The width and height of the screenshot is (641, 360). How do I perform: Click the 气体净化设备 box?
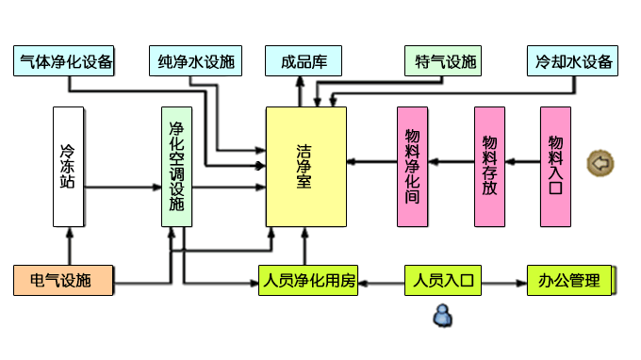64,62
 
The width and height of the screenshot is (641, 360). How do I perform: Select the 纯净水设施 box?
195,62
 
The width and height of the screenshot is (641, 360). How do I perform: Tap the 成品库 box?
303,62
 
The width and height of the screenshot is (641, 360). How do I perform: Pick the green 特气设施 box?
441,62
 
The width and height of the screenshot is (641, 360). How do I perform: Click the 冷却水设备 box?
573,62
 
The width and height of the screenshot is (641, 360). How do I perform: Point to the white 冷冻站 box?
68,167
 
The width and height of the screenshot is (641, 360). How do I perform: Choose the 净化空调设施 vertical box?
176,167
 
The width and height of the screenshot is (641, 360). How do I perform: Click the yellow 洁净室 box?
305,167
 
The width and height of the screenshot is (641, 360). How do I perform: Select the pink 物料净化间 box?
412,167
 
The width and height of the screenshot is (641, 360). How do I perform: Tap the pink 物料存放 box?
490,167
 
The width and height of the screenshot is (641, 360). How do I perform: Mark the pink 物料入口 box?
555,167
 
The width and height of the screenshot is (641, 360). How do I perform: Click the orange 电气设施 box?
63,280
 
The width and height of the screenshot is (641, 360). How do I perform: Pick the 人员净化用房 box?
308,280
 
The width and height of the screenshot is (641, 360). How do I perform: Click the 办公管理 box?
569,280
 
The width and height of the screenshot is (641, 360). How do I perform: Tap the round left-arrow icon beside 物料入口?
600,163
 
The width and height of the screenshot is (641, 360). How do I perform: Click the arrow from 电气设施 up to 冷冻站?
68,247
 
